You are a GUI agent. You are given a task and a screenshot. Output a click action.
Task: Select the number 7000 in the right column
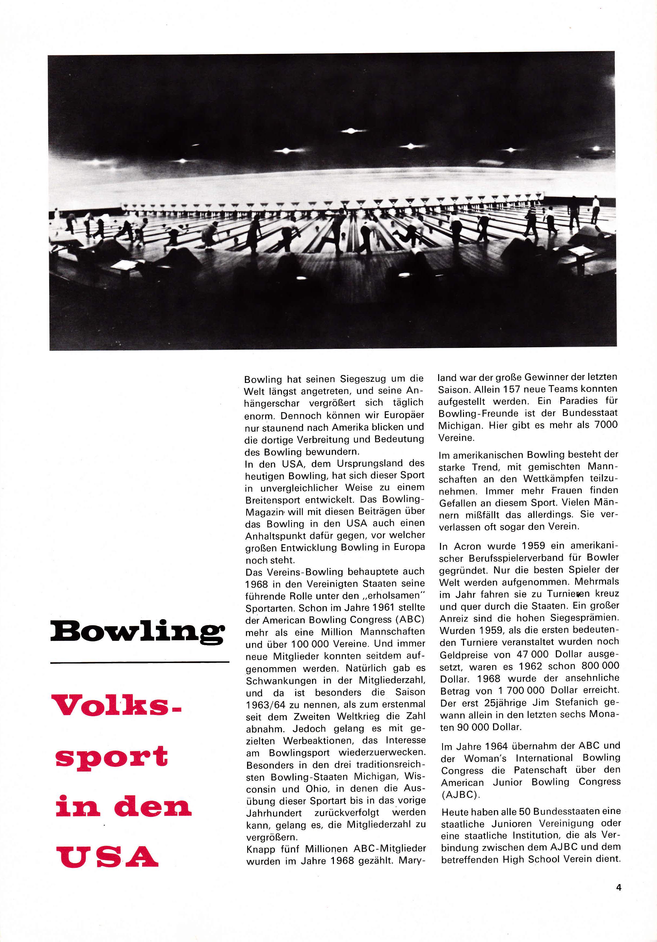pos(606,425)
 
